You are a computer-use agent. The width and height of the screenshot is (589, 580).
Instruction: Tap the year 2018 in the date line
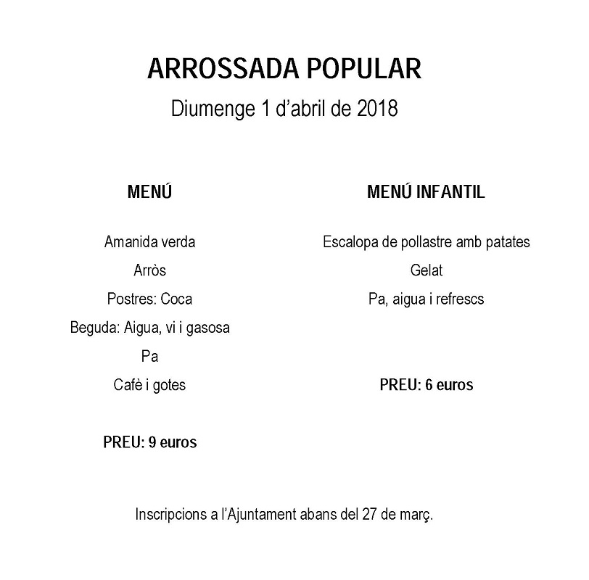[x=378, y=109]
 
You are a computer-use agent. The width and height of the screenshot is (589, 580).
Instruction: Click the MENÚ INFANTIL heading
[x=426, y=193]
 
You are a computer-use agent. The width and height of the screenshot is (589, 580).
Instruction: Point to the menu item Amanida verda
[x=150, y=242]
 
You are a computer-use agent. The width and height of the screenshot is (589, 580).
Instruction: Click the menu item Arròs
[x=150, y=270]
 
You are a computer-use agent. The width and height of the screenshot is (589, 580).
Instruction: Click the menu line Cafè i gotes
[x=150, y=385]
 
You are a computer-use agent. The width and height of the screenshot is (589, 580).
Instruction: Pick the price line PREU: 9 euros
[x=150, y=442]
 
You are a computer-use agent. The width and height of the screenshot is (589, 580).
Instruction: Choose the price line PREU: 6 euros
[x=426, y=385]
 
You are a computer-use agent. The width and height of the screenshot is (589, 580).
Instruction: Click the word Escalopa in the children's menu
[x=351, y=242]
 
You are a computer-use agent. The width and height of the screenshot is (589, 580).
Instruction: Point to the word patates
[x=506, y=242]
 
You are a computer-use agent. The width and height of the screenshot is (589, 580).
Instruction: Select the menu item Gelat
[x=426, y=270]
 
